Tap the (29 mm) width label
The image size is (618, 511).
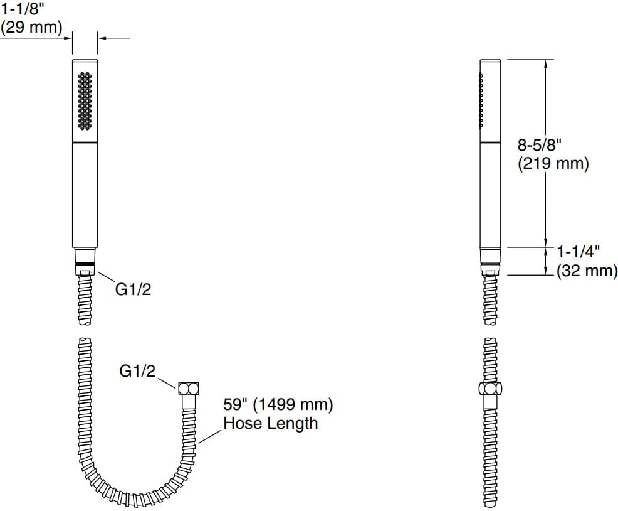pyautogui.click(x=31, y=28)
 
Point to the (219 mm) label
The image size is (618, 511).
pyautogui.click(x=553, y=164)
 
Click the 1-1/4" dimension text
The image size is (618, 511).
pyautogui.click(x=579, y=252)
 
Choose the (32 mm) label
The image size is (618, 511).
pyautogui.click(x=587, y=271)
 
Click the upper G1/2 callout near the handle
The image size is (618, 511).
pyautogui.click(x=133, y=290)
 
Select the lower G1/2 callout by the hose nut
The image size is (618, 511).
pyautogui.click(x=137, y=371)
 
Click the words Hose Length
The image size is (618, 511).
pyautogui.click(x=270, y=423)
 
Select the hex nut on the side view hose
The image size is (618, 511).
pyautogui.click(x=491, y=389)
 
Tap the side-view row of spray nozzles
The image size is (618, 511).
pyautogui.click(x=481, y=100)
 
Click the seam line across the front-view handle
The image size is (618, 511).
pyautogui.click(x=85, y=144)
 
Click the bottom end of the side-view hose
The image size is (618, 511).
pyautogui.click(x=491, y=504)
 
